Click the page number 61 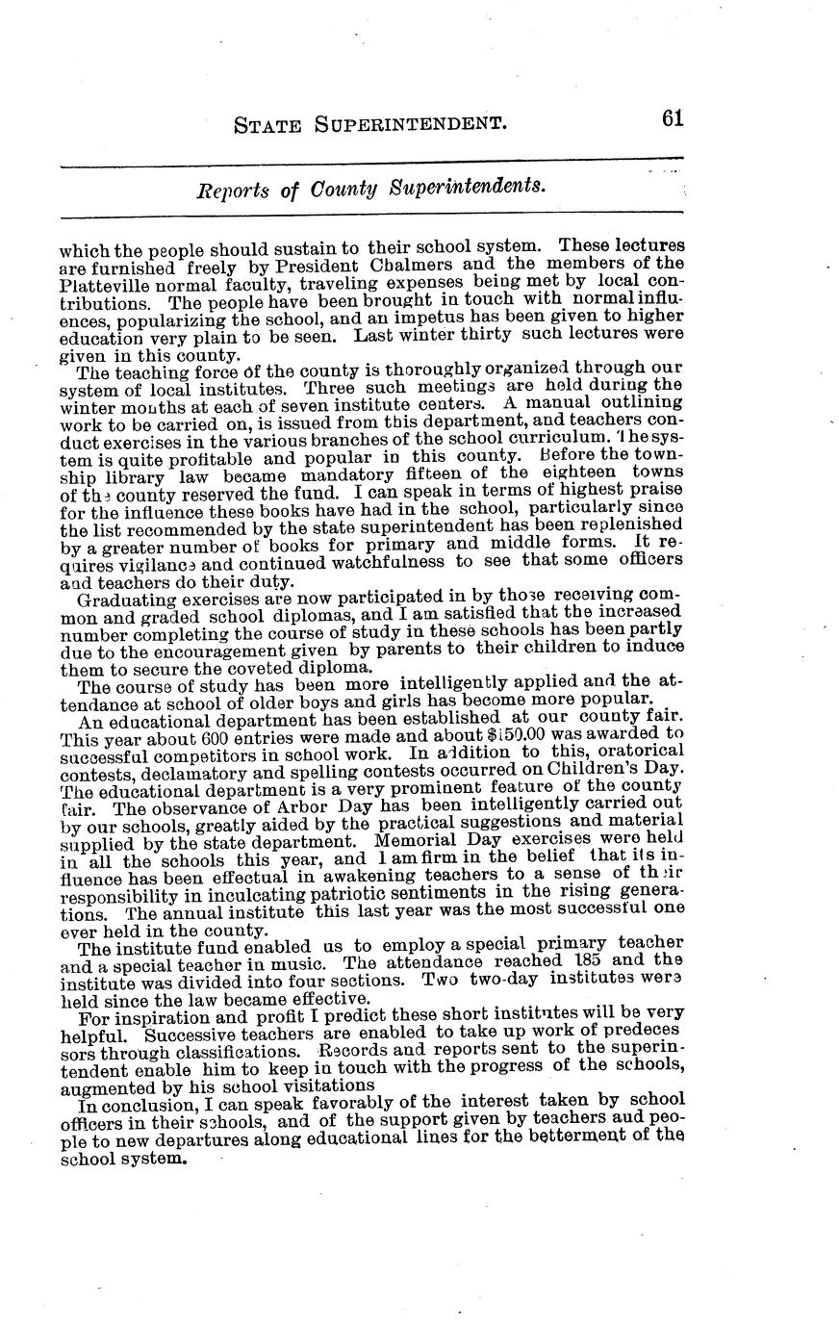click(x=672, y=118)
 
